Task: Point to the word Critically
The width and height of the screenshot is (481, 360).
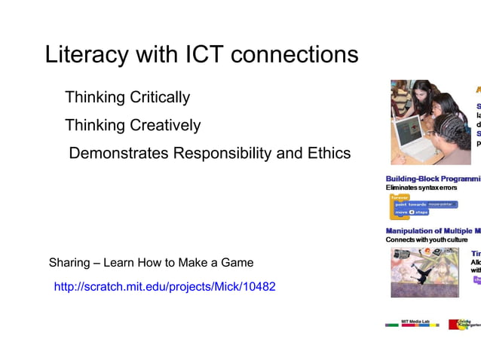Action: [161, 98]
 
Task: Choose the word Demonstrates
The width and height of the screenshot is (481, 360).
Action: [118, 154]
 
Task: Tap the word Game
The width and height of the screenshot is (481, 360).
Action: [238, 263]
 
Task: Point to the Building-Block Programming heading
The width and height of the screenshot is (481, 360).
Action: [433, 178]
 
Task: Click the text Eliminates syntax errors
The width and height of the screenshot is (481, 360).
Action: [421, 188]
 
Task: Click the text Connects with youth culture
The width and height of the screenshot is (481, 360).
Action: [427, 239]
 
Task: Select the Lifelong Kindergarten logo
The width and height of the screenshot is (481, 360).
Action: [465, 324]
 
